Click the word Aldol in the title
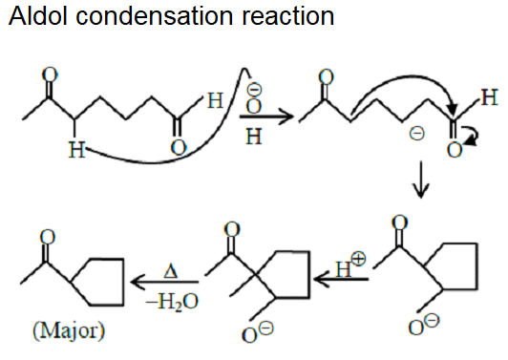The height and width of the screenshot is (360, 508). [34, 18]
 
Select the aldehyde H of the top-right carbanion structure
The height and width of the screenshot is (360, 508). [489, 96]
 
